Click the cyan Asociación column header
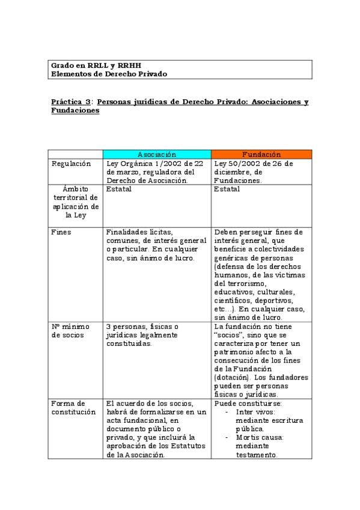coord(156,154)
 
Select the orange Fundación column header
coord(261,154)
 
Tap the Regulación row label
coord(71,164)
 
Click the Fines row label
coord(61,232)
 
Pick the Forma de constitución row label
coord(73,407)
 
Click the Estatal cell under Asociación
coord(118,189)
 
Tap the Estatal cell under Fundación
coord(227,189)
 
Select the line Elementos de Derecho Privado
coord(109,73)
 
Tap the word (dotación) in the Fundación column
coord(230,377)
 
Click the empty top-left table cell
coord(75,154)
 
